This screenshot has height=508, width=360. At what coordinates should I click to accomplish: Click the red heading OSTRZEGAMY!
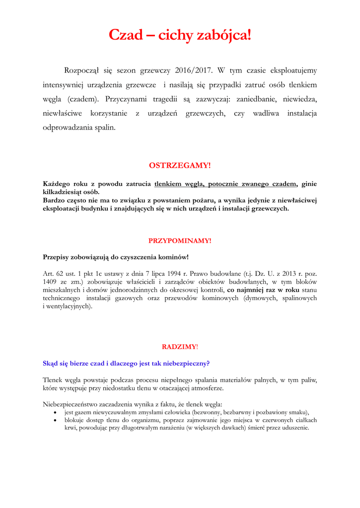(x=180, y=165)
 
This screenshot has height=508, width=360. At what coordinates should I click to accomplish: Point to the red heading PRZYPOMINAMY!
(x=180, y=241)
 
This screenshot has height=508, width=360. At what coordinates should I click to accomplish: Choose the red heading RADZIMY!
(x=180, y=347)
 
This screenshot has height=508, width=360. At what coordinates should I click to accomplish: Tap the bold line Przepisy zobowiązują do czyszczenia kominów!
(x=116, y=257)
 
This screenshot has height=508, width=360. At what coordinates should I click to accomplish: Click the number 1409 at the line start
(x=50, y=281)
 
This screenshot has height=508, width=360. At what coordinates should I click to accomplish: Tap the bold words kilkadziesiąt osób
(x=71, y=191)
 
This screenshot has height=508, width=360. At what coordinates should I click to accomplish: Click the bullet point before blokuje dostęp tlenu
(x=55, y=420)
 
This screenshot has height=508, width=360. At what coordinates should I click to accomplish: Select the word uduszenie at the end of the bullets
(x=293, y=428)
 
